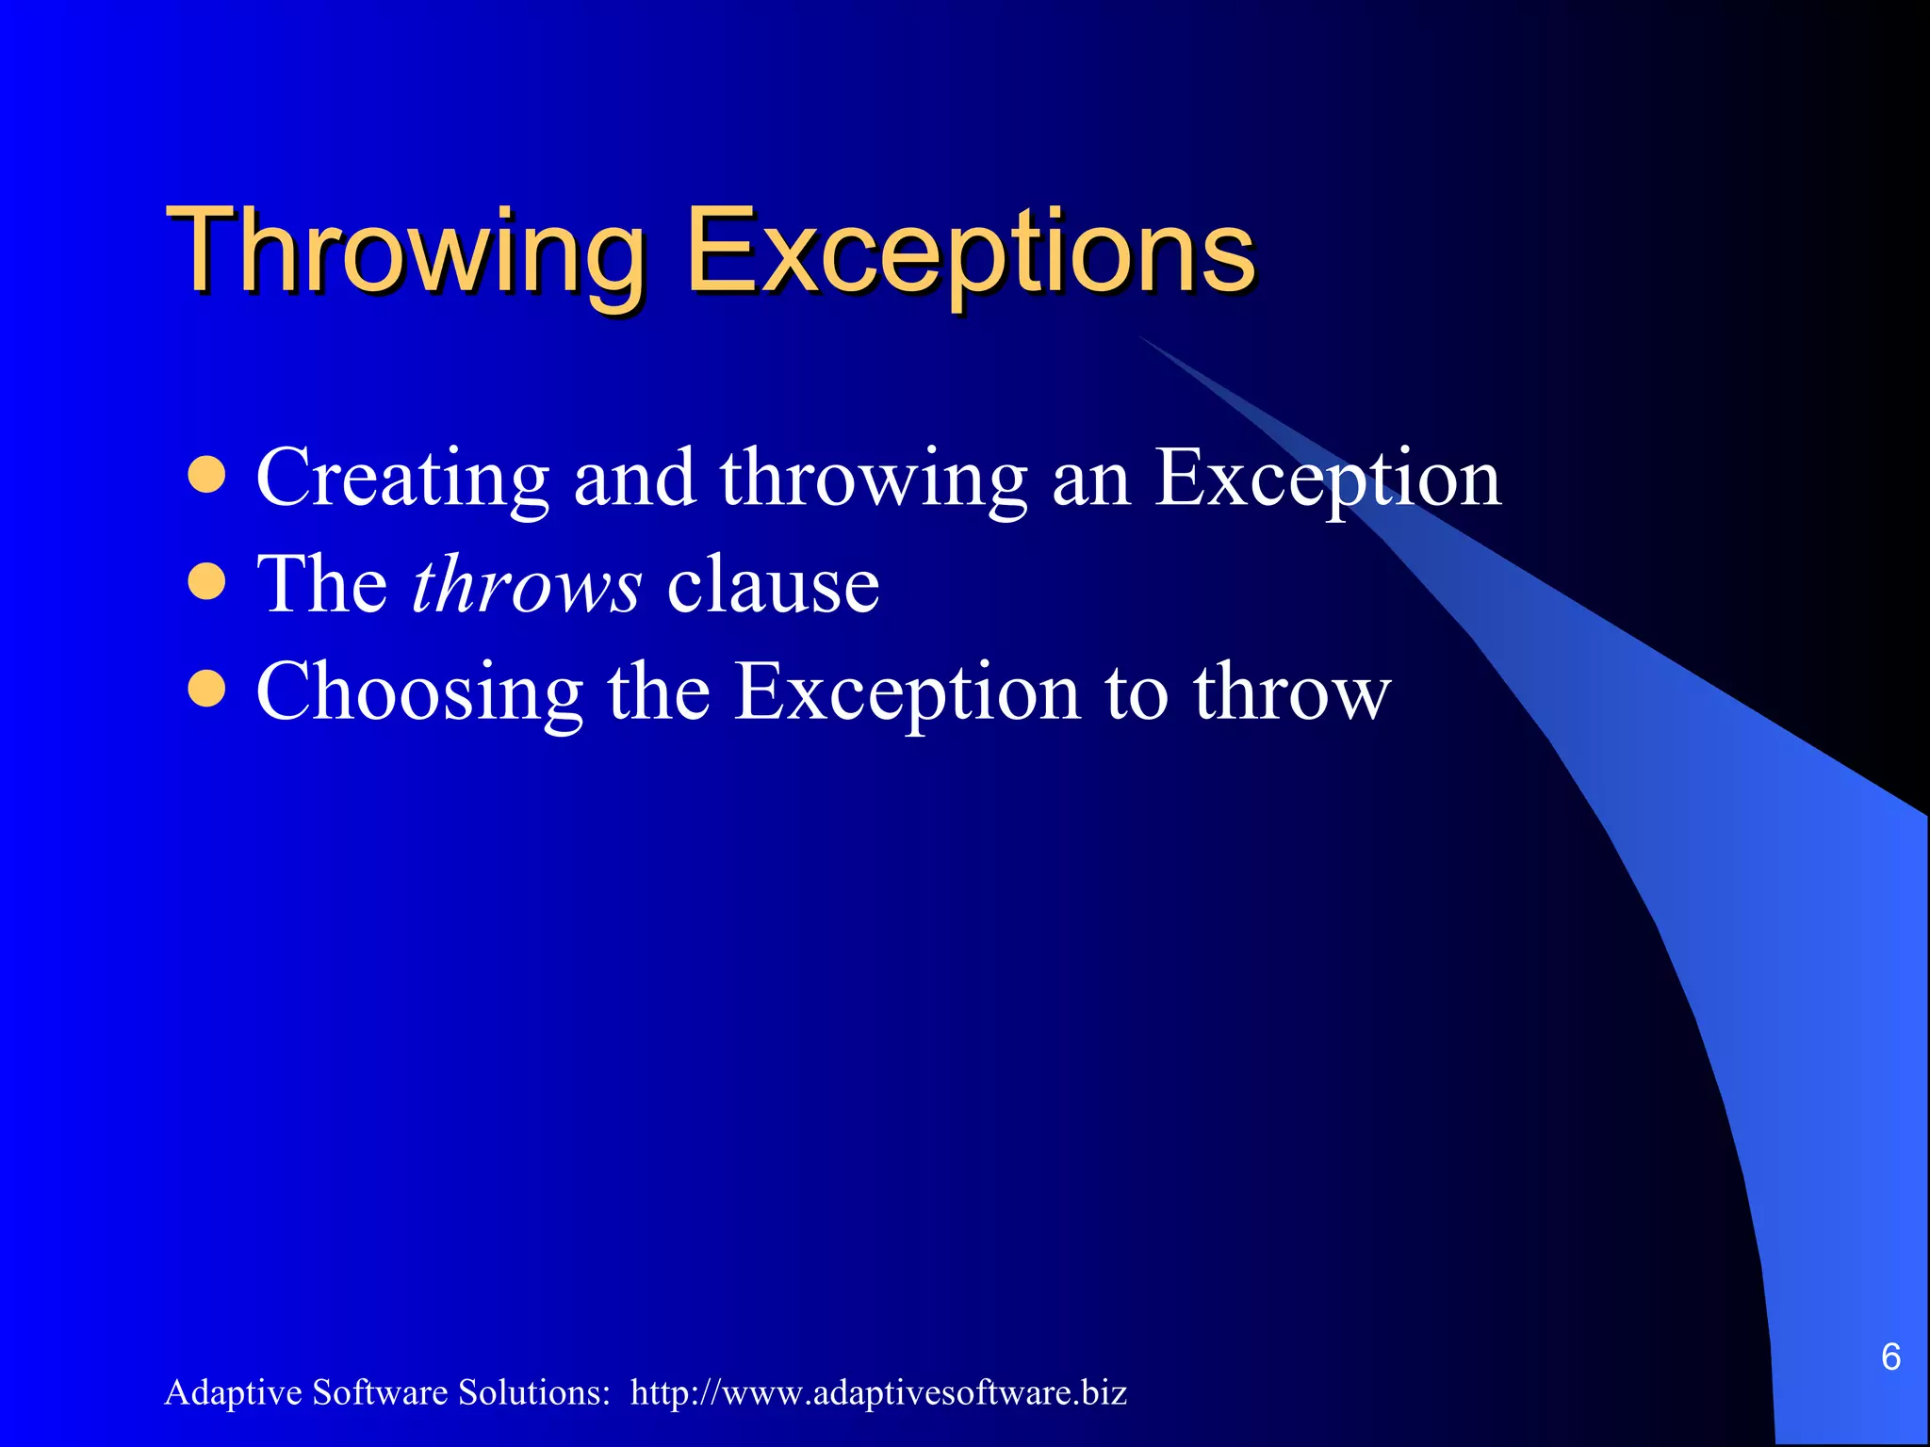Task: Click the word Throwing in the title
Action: pos(405,252)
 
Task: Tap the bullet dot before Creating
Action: pos(206,476)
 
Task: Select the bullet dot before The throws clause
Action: pos(206,582)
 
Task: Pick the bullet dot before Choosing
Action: pos(206,689)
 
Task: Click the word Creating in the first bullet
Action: pos(402,479)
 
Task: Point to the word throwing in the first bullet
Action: pos(873,479)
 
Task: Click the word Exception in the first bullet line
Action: pos(1327,479)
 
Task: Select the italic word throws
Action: pos(527,585)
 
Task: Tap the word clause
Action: pos(773,585)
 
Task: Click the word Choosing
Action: pos(419,692)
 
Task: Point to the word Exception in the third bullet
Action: pos(907,692)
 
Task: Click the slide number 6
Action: pos(1890,1357)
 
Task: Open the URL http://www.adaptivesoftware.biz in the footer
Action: pos(878,1392)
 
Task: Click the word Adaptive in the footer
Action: pos(233,1392)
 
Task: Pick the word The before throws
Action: pos(321,585)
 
